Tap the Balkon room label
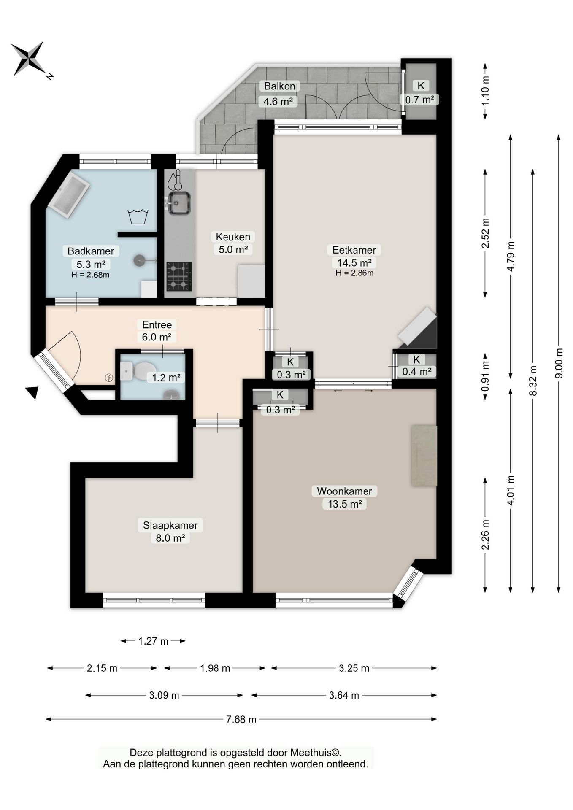point(279,86)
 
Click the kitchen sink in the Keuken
point(179,203)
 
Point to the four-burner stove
point(179,276)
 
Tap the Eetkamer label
point(354,250)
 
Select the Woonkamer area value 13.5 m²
point(345,504)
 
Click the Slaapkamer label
point(170,525)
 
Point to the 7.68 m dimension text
point(241,719)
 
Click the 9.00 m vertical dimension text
point(559,363)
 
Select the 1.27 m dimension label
point(153,641)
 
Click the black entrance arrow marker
point(32,392)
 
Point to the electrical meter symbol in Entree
point(109,378)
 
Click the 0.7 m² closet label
point(419,100)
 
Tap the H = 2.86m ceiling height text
point(354,273)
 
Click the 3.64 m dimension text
point(344,695)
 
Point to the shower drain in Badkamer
point(140,260)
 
